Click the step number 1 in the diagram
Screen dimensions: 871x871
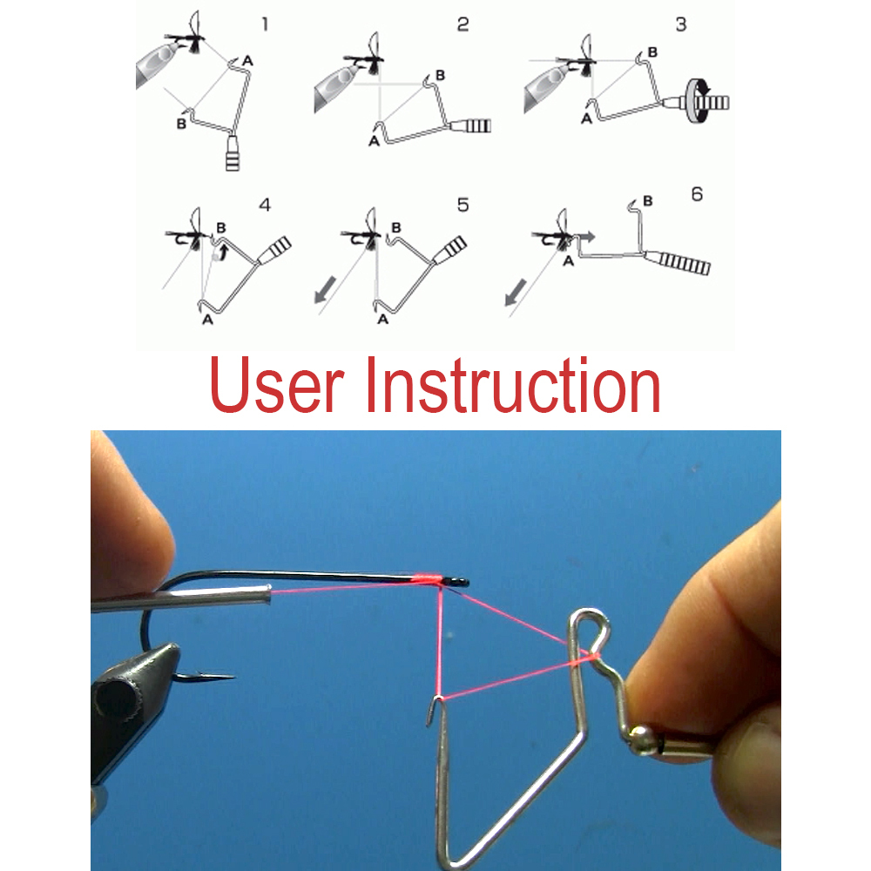click(265, 24)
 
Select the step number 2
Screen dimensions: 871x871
click(463, 24)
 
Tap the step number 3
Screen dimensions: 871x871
click(681, 24)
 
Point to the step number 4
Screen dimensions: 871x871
click(265, 205)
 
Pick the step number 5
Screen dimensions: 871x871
click(463, 205)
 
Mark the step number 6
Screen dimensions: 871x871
click(697, 194)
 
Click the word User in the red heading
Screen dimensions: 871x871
click(276, 385)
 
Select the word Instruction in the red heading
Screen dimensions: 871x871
click(512, 385)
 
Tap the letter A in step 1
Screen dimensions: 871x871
click(247, 61)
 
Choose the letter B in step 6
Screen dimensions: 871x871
click(647, 200)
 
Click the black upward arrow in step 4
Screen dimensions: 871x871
click(223, 251)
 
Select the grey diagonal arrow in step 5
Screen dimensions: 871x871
click(326, 289)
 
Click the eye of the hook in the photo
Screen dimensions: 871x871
click(459, 582)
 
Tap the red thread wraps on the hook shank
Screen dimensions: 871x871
click(429, 579)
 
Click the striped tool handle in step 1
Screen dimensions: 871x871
click(233, 154)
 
